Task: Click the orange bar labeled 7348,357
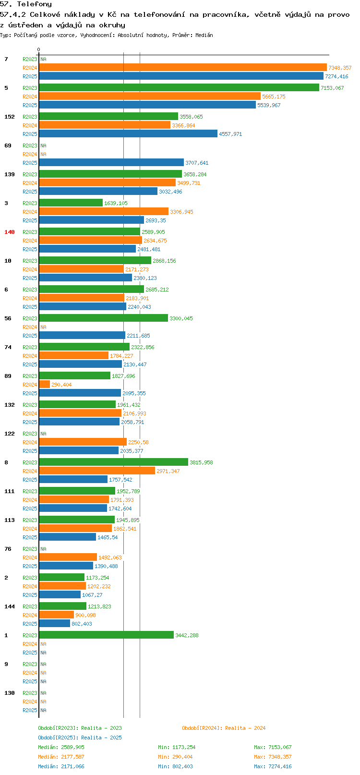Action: [x=183, y=68]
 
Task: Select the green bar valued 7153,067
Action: [x=179, y=87]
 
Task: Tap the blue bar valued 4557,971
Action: [x=128, y=133]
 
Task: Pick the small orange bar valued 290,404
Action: [x=45, y=384]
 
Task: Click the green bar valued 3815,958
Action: [x=114, y=462]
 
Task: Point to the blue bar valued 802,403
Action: [x=55, y=623]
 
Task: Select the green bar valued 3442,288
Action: [x=107, y=634]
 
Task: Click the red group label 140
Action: [x=10, y=232]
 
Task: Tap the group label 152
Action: [x=10, y=117]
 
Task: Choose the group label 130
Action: [x=10, y=693]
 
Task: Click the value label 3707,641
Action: [x=197, y=163]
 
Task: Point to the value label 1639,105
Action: [x=116, y=203]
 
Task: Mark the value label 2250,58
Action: [x=138, y=442]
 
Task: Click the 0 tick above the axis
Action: [x=38, y=49]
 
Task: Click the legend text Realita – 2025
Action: [x=101, y=737]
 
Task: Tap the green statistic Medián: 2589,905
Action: [x=61, y=747]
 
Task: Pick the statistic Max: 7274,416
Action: [x=273, y=766]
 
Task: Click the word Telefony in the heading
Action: [x=34, y=4]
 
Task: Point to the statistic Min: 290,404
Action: [x=175, y=757]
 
